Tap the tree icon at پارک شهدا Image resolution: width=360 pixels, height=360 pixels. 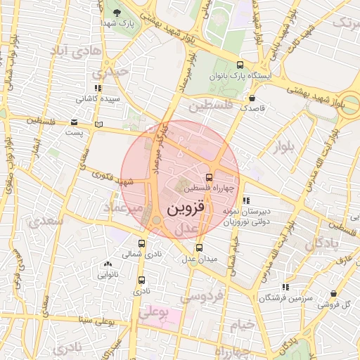116,13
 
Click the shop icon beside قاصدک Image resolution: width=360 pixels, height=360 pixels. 252,98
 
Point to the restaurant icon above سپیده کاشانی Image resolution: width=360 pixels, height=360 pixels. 98,89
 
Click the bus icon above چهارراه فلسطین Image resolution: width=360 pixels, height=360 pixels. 209,177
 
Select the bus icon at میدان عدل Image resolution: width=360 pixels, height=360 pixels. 200,247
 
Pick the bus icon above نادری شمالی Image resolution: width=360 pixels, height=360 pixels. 142,243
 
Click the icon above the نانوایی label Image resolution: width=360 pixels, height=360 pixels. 108,265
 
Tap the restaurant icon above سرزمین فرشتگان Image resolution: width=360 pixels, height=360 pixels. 285,287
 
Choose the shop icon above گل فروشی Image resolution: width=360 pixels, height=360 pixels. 333,294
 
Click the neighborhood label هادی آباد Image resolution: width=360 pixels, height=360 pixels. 75,51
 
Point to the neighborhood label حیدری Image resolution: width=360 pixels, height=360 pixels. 114,72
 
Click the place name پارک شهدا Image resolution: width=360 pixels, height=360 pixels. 117,24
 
